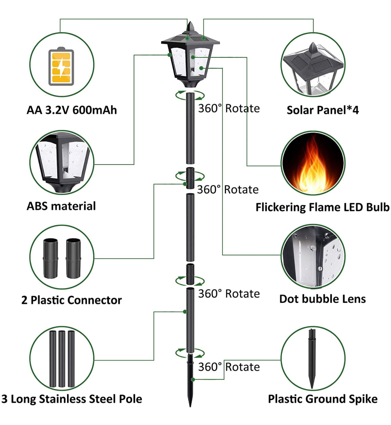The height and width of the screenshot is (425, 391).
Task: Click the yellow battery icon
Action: coord(61,67)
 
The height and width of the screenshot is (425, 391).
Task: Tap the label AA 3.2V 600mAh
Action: coord(72,110)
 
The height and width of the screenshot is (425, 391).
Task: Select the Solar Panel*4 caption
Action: coord(322,110)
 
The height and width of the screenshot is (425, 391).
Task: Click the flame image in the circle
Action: coord(313,164)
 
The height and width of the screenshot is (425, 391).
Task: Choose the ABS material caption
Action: coord(61,206)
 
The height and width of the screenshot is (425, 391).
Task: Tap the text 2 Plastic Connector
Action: coord(71,300)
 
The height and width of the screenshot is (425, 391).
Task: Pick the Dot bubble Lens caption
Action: coord(322,299)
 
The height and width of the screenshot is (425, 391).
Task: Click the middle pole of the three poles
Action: coord(62,359)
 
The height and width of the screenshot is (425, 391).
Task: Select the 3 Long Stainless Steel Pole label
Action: coord(72,399)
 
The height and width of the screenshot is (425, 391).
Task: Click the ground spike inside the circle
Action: coord(312,358)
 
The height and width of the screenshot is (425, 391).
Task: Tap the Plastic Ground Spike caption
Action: coord(323,399)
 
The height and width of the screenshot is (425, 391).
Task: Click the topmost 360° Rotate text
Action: coord(229,108)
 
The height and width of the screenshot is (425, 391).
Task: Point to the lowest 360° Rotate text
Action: coord(229,367)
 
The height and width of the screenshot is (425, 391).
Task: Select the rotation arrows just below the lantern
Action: coord(190,95)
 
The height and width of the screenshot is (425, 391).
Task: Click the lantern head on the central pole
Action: coord(190,60)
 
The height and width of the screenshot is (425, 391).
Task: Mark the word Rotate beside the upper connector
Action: coord(241,190)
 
